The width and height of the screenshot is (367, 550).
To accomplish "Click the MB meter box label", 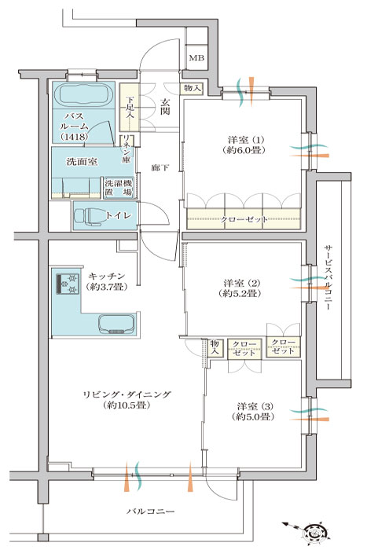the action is pyautogui.click(x=196, y=58).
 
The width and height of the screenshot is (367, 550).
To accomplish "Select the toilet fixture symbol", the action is pyautogui.click(x=89, y=215).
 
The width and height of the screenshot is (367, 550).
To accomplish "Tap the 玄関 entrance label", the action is pyautogui.click(x=165, y=108).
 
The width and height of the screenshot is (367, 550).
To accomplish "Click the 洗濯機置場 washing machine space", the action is pyautogui.click(x=119, y=188).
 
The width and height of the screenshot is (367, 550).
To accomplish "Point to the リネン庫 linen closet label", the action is pyautogui.click(x=127, y=150).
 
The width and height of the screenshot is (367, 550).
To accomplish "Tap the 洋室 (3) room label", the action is pyautogui.click(x=252, y=412).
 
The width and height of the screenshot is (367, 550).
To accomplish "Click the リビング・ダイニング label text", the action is pyautogui.click(x=127, y=394).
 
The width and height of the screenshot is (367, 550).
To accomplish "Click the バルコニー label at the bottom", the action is pyautogui.click(x=151, y=511).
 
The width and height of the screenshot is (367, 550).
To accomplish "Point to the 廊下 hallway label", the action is pyautogui.click(x=160, y=168).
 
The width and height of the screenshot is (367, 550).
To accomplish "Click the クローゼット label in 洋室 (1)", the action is pyautogui.click(x=244, y=219).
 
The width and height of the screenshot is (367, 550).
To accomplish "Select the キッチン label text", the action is pyautogui.click(x=107, y=276).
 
